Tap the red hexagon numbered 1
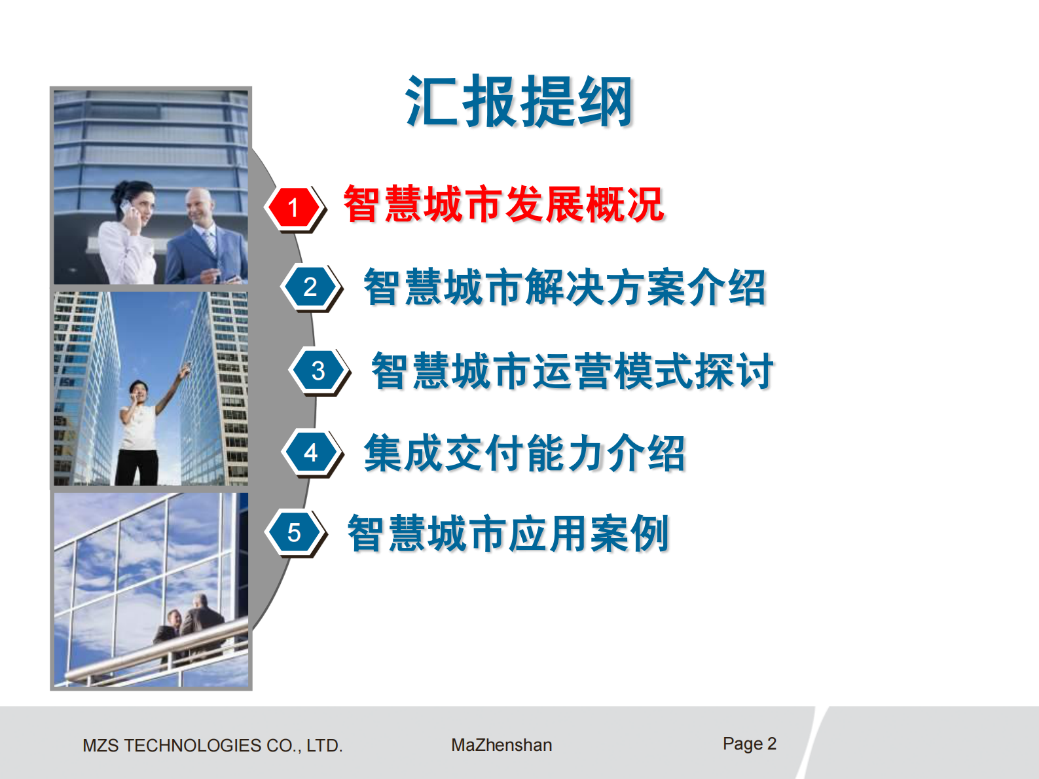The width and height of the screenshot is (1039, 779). point(294,208)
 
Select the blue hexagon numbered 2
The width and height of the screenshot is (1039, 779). point(310,287)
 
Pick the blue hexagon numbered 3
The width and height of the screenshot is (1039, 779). point(318,371)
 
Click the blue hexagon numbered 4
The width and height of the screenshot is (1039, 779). point(311,452)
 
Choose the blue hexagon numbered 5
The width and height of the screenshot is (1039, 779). point(294,533)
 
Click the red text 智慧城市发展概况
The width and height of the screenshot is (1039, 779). point(503,204)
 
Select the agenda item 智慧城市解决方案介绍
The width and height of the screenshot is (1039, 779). point(564,287)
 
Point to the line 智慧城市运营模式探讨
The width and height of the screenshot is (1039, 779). point(572,371)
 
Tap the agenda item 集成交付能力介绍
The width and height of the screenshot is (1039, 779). point(524,452)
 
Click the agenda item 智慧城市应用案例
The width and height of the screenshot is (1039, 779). point(508,533)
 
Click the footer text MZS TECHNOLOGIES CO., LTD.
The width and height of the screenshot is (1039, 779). point(213,745)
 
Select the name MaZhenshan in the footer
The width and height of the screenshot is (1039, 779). point(501,745)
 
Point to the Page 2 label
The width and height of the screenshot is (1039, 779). point(749,744)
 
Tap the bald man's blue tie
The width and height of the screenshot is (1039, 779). point(210,243)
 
